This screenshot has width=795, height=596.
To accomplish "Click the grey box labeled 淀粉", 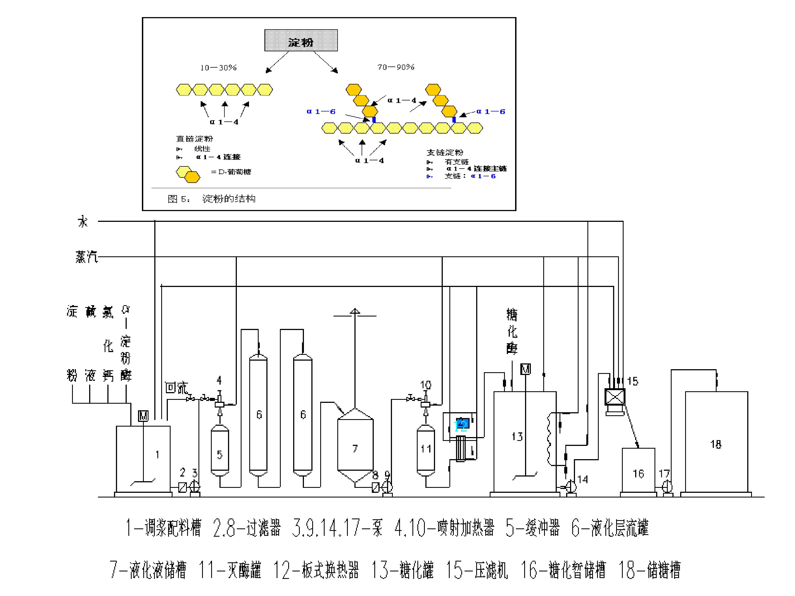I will pyautogui.click(x=301, y=40).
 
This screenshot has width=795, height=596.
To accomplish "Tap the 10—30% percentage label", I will pyautogui.click(x=218, y=68).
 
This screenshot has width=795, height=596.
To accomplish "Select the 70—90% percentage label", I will pyautogui.click(x=396, y=67).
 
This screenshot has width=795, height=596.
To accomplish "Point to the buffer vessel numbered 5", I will pyautogui.click(x=220, y=451).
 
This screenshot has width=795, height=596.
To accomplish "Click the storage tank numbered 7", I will pyautogui.click(x=355, y=445).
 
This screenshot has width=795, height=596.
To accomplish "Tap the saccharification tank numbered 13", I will pyautogui.click(x=525, y=442).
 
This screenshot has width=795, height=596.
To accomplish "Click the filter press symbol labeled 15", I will pyautogui.click(x=615, y=397).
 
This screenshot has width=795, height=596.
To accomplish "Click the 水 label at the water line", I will pyautogui.click(x=83, y=222).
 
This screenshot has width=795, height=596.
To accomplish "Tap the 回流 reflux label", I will pyautogui.click(x=176, y=388).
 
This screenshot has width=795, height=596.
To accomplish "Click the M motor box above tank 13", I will pyautogui.click(x=526, y=369).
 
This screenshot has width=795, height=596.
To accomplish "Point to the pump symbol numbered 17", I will pyautogui.click(x=667, y=486).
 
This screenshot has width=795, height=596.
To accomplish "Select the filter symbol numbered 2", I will pyautogui.click(x=182, y=487).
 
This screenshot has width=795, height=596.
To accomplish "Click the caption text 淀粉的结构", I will pyautogui.click(x=229, y=199).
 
